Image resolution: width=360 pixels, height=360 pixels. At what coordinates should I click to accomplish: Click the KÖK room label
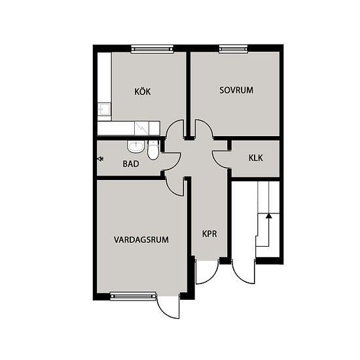[x=143, y=92]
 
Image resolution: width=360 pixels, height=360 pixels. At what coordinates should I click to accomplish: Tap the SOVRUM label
[x=236, y=90]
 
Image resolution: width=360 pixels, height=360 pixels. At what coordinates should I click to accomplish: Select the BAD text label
[x=131, y=164]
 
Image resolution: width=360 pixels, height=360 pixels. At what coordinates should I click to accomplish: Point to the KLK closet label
[x=255, y=158]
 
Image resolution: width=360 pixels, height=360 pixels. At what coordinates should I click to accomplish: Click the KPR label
[x=209, y=234]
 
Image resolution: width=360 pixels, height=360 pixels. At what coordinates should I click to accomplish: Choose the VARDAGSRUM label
[x=141, y=240]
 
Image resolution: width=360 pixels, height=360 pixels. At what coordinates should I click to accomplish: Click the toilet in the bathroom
[x=153, y=150]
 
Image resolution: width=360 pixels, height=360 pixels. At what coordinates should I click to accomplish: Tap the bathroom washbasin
[x=135, y=147]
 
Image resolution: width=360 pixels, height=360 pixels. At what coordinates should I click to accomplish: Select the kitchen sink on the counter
[x=104, y=109]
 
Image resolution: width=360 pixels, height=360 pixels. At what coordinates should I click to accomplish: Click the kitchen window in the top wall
[x=152, y=48]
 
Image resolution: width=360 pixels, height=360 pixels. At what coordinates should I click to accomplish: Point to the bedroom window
[x=234, y=48]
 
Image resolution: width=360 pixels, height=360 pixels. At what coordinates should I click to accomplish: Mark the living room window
[x=133, y=296]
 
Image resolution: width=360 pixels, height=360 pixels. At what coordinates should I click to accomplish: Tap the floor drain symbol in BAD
[x=100, y=158]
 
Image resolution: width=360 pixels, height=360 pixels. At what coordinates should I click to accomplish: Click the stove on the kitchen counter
[x=141, y=128]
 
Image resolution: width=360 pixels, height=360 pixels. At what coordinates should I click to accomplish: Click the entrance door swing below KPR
[x=207, y=272]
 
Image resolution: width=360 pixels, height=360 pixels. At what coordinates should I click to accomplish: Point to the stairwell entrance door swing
[x=243, y=272]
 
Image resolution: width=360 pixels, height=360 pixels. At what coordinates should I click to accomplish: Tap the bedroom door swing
[x=204, y=129]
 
